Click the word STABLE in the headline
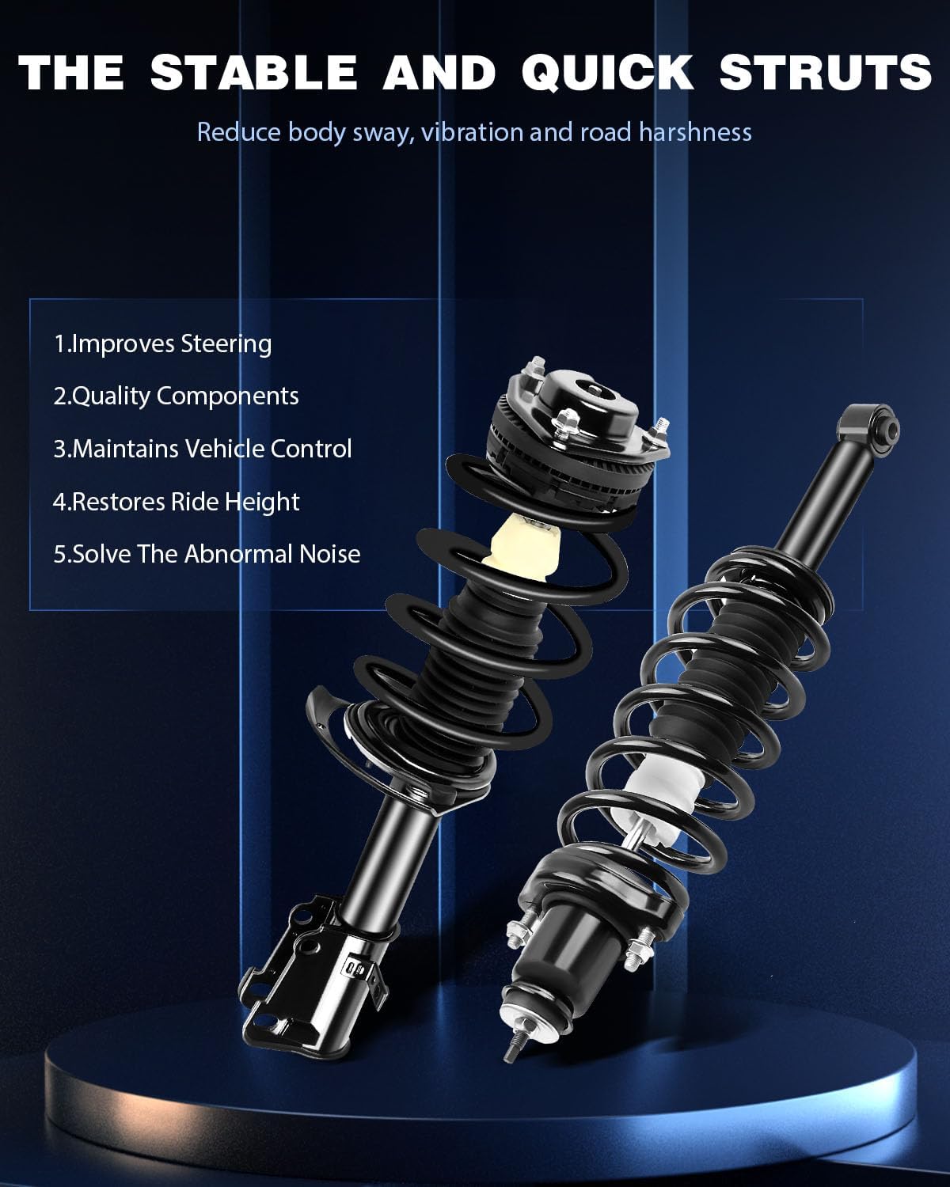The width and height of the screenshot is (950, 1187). click(253, 72)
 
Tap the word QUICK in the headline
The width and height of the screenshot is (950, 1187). click(607, 72)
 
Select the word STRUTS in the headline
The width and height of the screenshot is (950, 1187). click(825, 72)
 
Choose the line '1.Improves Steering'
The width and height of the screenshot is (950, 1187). click(162, 343)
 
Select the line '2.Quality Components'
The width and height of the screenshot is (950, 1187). click(176, 396)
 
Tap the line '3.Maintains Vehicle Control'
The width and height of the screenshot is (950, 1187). click(202, 449)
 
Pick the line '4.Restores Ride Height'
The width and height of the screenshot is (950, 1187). click(176, 502)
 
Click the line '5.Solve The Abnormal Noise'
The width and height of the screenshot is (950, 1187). click(207, 554)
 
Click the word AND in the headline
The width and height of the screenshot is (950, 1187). click(439, 72)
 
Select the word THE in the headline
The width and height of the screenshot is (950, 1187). click(71, 72)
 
